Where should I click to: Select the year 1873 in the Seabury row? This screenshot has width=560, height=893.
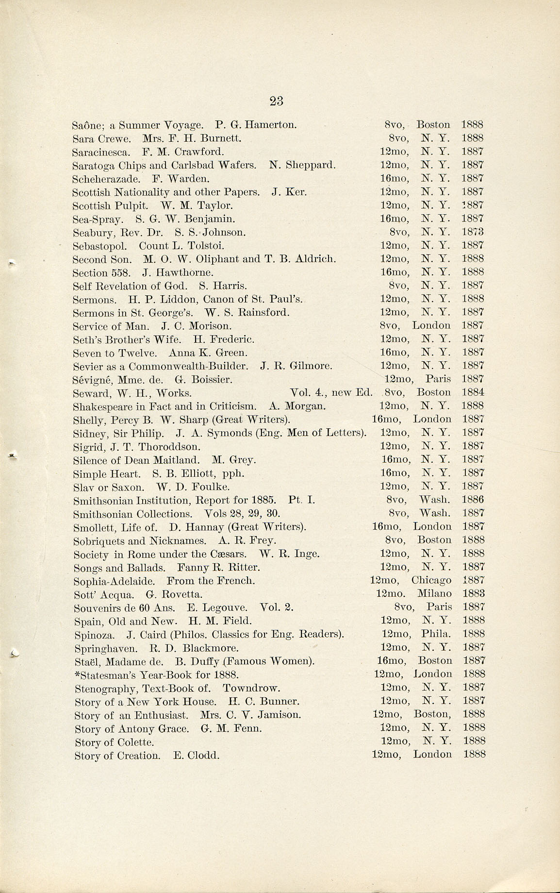(472, 232)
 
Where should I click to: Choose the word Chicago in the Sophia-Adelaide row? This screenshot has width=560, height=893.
(431, 580)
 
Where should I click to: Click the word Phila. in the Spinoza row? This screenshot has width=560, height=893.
(436, 634)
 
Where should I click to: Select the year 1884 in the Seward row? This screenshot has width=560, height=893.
(473, 392)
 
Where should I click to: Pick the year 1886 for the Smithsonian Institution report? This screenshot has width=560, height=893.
(473, 500)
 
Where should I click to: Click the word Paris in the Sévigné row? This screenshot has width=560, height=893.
(438, 379)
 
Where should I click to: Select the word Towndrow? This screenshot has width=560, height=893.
(251, 688)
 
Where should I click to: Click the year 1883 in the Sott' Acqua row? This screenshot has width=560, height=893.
(473, 593)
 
